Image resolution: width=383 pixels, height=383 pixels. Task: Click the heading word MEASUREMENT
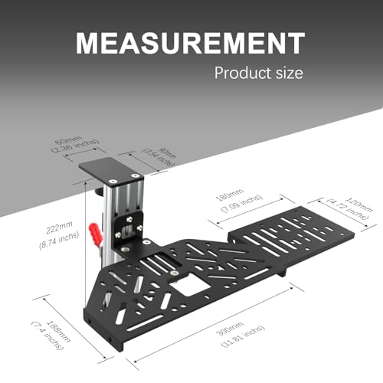tap(191, 44)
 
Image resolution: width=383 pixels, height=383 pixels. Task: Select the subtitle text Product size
tap(259, 74)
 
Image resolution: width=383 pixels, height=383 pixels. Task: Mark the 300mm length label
tap(244, 325)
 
